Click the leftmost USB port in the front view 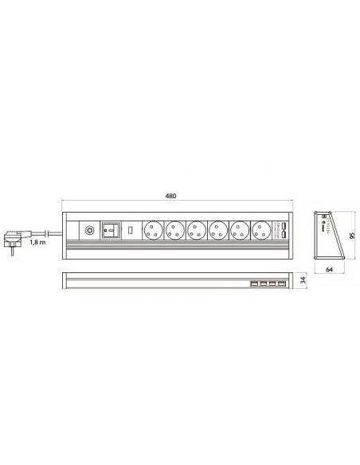tap(252, 284)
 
